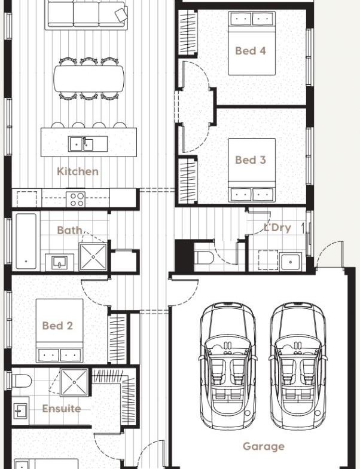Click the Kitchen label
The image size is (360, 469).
click(x=78, y=171)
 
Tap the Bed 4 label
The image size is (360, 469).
click(x=251, y=51)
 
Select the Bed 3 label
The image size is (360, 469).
click(x=251, y=160)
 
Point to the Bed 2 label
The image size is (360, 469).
click(x=57, y=326)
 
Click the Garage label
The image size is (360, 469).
click(x=264, y=446)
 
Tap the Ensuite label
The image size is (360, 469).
click(x=62, y=409)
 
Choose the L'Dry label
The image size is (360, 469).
click(x=277, y=228)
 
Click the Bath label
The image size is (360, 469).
click(x=69, y=230)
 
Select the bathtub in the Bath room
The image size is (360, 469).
click(x=26, y=241)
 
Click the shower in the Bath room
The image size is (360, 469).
click(x=93, y=257)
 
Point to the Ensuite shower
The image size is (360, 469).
click(x=74, y=382)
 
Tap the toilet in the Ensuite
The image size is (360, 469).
click(x=21, y=381)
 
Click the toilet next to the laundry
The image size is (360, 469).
click(x=204, y=258)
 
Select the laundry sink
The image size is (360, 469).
click(x=290, y=262)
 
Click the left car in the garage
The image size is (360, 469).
click(x=228, y=366)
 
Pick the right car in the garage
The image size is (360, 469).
click(x=298, y=366)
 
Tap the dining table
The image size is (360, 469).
click(x=89, y=78)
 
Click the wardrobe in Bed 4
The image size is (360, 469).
click(x=188, y=33)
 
